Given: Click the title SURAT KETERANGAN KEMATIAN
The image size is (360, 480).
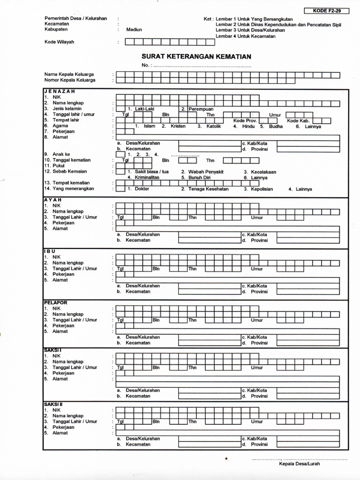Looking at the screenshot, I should [196, 56].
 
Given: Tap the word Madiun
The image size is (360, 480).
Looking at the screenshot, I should [134, 30].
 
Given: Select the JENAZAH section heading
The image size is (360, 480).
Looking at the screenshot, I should [60, 91].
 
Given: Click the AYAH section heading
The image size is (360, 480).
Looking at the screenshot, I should [53, 200].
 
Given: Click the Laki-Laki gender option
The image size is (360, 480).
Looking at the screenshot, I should [144, 109].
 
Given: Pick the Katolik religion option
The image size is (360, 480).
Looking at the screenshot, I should [213, 126].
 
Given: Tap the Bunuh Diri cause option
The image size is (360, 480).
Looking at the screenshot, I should [199, 178].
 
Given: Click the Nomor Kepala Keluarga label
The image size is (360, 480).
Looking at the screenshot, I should [70, 80].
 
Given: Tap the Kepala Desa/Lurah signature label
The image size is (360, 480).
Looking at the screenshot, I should [299, 464].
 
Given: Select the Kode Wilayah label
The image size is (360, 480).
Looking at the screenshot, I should [59, 42].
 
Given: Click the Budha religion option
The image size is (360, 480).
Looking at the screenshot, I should [276, 126].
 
